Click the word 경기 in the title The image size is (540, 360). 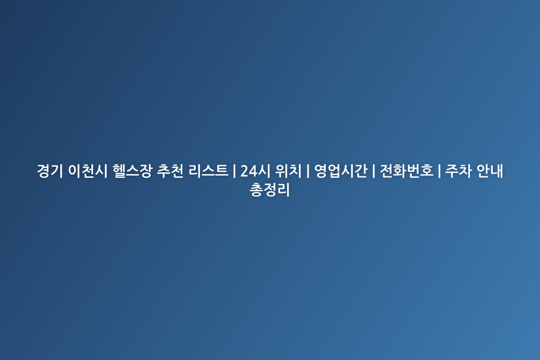click(50, 171)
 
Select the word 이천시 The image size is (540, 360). click(87, 171)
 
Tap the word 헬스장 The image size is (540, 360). click(132, 171)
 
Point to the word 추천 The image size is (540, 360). click(170, 171)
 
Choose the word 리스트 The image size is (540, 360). click(208, 171)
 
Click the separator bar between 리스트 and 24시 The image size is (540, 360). click(234, 171)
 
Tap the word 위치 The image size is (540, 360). click(288, 171)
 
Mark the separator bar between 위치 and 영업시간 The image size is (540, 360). click(308, 171)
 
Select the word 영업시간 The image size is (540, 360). click(341, 171)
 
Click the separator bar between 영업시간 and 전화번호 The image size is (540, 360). click(373, 171)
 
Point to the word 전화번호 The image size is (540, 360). click(406, 171)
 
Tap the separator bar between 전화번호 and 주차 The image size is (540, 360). click(439, 171)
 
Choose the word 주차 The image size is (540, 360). click(458, 171)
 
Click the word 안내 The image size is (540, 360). click(490, 171)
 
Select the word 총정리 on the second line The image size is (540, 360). click(270, 190)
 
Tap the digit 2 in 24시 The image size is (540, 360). click(244, 171)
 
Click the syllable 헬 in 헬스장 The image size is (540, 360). click(119, 171)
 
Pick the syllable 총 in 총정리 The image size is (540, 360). click(256, 190)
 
